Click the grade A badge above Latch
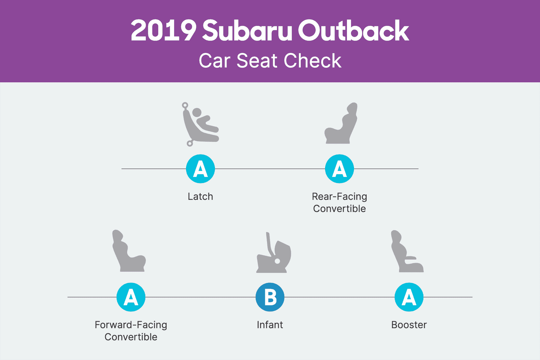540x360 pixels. click(x=200, y=169)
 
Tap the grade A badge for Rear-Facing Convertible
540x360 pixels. click(x=340, y=169)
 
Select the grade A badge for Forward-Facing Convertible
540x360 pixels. click(x=131, y=297)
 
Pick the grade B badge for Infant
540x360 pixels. click(x=270, y=297)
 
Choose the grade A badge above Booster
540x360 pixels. click(x=409, y=297)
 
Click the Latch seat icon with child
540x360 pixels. click(x=200, y=124)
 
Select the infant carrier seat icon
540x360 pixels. click(x=273, y=253)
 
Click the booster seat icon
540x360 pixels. click(x=407, y=252)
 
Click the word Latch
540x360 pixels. click(x=200, y=197)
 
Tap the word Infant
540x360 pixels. click(x=270, y=325)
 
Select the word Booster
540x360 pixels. click(x=409, y=325)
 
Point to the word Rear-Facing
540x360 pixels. click(x=340, y=197)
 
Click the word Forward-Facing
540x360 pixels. click(x=131, y=325)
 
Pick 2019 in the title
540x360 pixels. click(x=163, y=30)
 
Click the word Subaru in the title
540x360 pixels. click(x=247, y=30)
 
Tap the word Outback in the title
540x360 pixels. click(x=353, y=30)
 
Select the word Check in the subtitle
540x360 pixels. click(x=313, y=61)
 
